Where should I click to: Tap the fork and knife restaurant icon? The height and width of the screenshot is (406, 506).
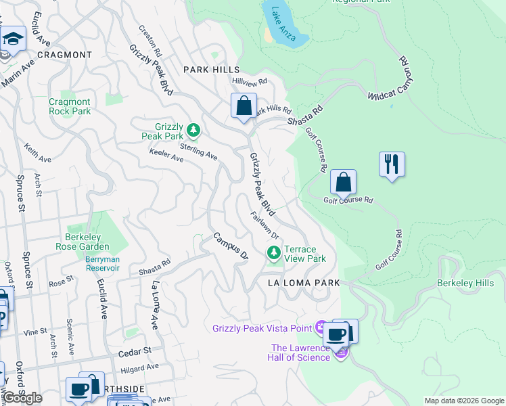[x=392, y=164]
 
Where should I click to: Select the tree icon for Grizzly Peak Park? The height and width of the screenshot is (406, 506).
[x=193, y=129]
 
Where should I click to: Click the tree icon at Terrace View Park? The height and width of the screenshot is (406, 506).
[x=274, y=254]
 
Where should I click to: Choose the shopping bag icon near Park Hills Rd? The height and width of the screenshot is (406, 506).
[x=244, y=106]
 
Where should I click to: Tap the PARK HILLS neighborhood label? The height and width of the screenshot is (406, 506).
[x=212, y=70]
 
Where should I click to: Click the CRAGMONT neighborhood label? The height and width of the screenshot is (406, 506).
[x=64, y=55]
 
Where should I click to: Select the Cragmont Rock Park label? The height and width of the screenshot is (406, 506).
[x=70, y=106]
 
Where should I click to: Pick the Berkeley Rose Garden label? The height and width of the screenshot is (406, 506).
[x=92, y=242]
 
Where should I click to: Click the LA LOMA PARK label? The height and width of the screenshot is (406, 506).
[x=303, y=281]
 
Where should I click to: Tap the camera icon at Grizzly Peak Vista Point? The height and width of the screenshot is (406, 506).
[x=320, y=328]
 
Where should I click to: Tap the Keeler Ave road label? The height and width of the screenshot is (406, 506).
[x=166, y=158]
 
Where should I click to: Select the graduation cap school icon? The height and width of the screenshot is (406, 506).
[x=13, y=39]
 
